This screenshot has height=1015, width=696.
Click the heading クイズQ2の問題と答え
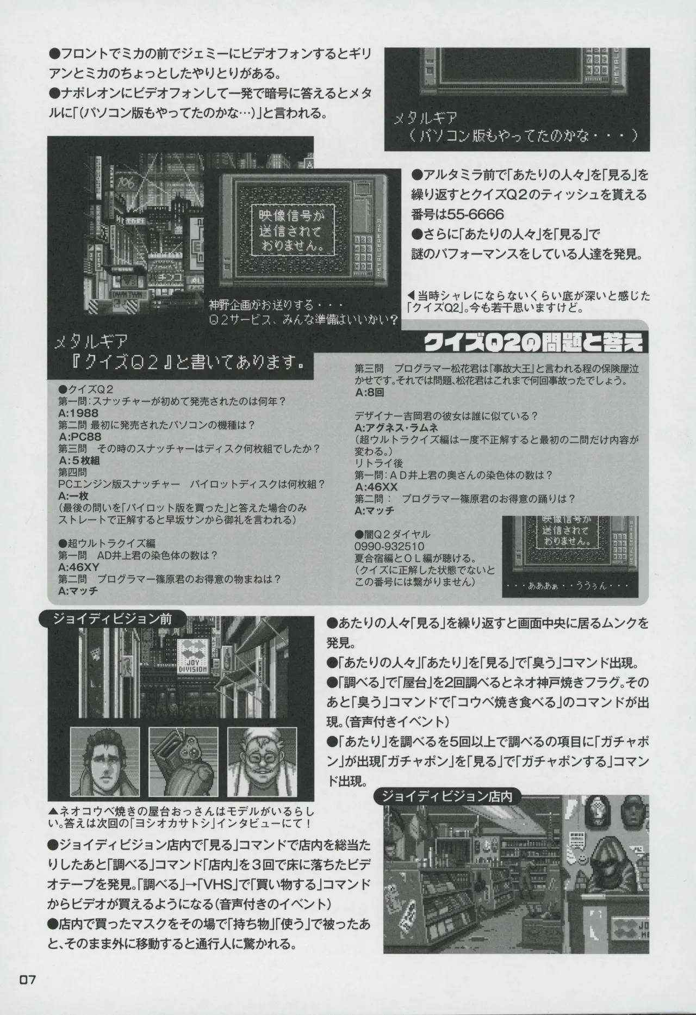pyautogui.click(x=536, y=343)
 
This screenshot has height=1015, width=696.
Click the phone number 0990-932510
pyautogui.click(x=389, y=546)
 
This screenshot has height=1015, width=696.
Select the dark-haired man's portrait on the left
pyautogui.click(x=101, y=757)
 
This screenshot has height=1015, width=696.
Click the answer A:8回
pyautogui.click(x=370, y=393)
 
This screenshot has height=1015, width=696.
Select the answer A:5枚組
pyautogui.click(x=79, y=460)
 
